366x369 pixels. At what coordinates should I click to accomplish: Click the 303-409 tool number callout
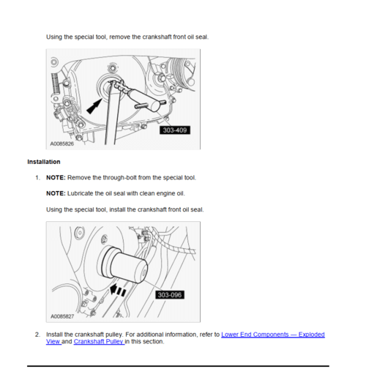[x=175, y=130]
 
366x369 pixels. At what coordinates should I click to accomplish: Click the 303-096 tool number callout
[x=170, y=295]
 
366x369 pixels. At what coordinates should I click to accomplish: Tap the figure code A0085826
[x=62, y=143]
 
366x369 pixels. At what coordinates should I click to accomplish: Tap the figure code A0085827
[x=62, y=316]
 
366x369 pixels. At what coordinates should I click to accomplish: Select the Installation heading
[x=44, y=162]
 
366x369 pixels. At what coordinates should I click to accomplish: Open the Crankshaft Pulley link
[x=99, y=341]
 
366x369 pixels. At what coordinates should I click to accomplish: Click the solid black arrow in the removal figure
[x=94, y=106]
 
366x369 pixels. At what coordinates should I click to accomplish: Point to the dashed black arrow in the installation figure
[x=118, y=290]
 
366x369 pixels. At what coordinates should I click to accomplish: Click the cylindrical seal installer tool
[x=124, y=266]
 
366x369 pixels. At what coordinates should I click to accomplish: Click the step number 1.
[x=37, y=178]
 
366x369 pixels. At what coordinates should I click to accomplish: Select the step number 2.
[x=37, y=335]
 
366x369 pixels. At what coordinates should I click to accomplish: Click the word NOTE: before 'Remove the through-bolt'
[x=56, y=177]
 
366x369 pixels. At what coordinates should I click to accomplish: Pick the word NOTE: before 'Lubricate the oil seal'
[x=56, y=193]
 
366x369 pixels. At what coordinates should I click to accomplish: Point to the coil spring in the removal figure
[x=56, y=83]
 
